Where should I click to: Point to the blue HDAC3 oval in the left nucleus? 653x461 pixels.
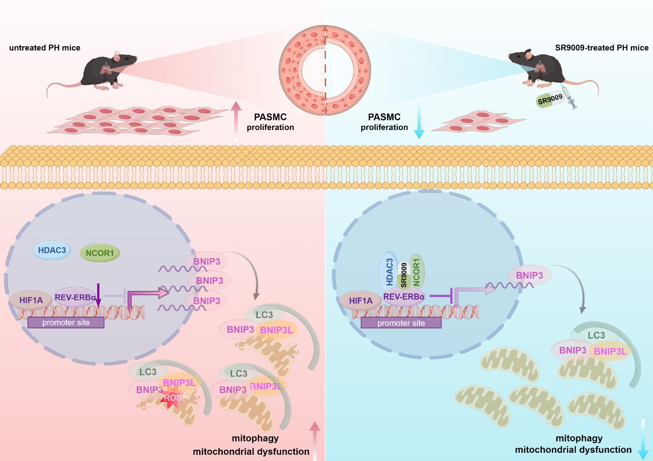[52, 250]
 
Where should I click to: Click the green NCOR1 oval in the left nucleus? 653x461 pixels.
[100, 252]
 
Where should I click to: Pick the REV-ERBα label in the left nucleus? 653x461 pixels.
[75, 298]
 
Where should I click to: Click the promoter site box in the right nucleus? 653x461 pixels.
[401, 323]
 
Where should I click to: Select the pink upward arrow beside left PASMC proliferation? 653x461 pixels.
[236, 120]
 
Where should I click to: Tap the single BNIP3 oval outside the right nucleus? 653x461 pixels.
[530, 275]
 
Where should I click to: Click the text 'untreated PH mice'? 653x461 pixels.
[45, 48]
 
